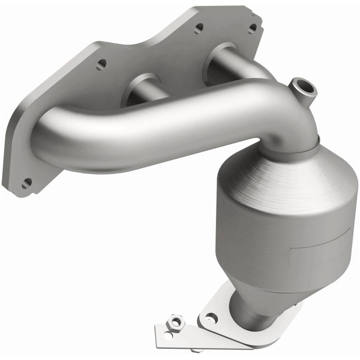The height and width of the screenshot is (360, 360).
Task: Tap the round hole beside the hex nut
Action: (167, 335)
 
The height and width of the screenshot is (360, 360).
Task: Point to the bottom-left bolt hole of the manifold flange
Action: (27, 183)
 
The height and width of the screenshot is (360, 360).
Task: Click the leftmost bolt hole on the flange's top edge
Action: (101, 64)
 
